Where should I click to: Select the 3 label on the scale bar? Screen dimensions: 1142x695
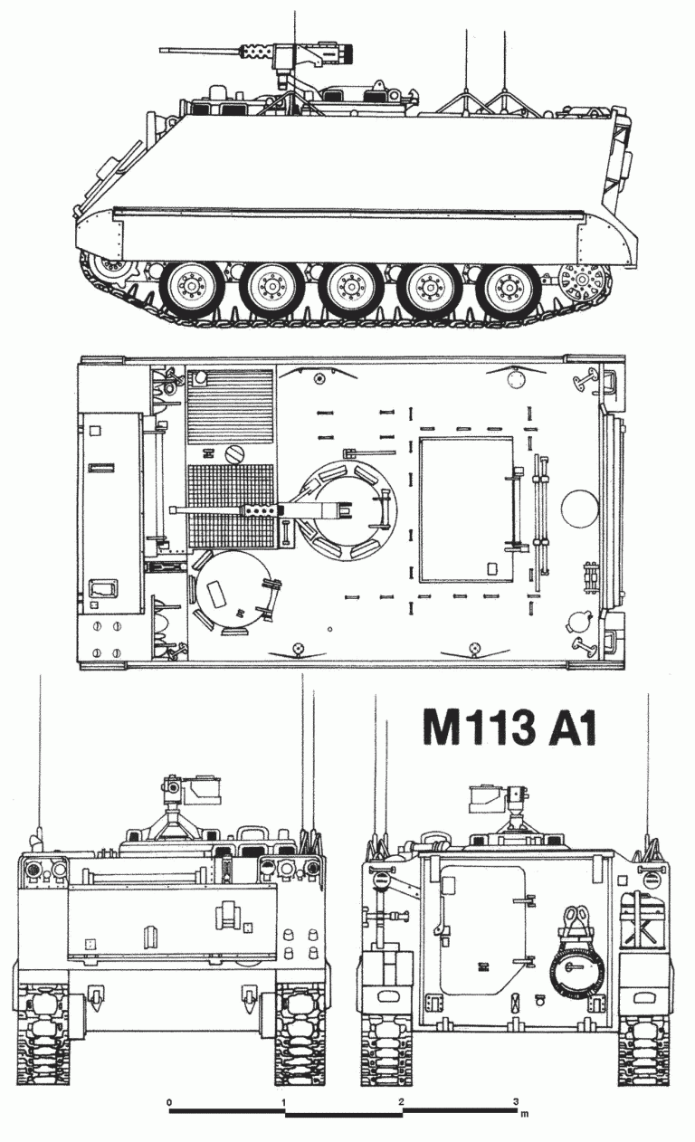click(517, 1102)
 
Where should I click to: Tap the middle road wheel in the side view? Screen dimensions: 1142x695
click(347, 289)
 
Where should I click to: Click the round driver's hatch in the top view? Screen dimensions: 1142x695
click(232, 594)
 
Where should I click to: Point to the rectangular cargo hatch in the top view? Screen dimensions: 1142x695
click(468, 509)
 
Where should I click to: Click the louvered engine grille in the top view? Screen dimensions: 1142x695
click(230, 405)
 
